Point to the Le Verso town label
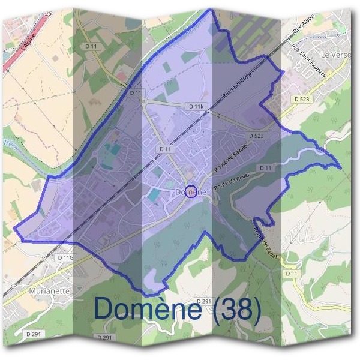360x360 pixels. (x=334, y=55)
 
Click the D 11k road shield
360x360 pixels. (x=196, y=106)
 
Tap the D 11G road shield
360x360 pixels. (x=66, y=257)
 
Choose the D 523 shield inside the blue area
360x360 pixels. (x=255, y=136)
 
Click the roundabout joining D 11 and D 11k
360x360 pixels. (x=144, y=101)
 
